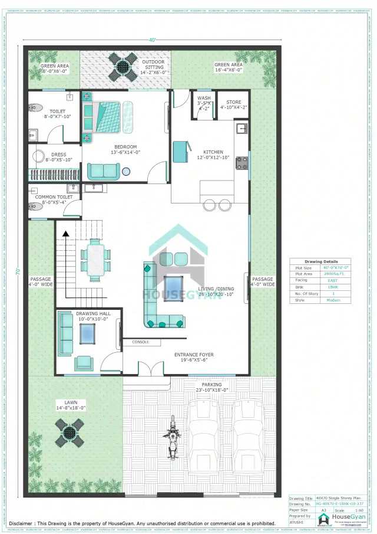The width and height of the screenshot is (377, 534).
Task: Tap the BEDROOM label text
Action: point(125,147)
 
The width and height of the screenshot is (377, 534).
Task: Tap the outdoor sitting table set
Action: point(125,67)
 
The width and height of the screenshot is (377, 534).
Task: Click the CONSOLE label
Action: point(140,342)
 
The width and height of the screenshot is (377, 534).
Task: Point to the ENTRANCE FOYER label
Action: point(194,355)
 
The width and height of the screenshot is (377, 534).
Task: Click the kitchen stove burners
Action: point(242,162)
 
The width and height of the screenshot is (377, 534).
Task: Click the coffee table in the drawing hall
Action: point(87,333)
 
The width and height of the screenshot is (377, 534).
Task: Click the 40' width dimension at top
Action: point(152,40)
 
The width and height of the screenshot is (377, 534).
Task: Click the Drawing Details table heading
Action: point(322,261)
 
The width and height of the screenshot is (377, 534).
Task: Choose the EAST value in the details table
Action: point(333,280)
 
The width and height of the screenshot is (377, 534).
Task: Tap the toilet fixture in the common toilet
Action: point(35,207)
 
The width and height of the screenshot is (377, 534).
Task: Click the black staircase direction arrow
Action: point(66,234)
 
